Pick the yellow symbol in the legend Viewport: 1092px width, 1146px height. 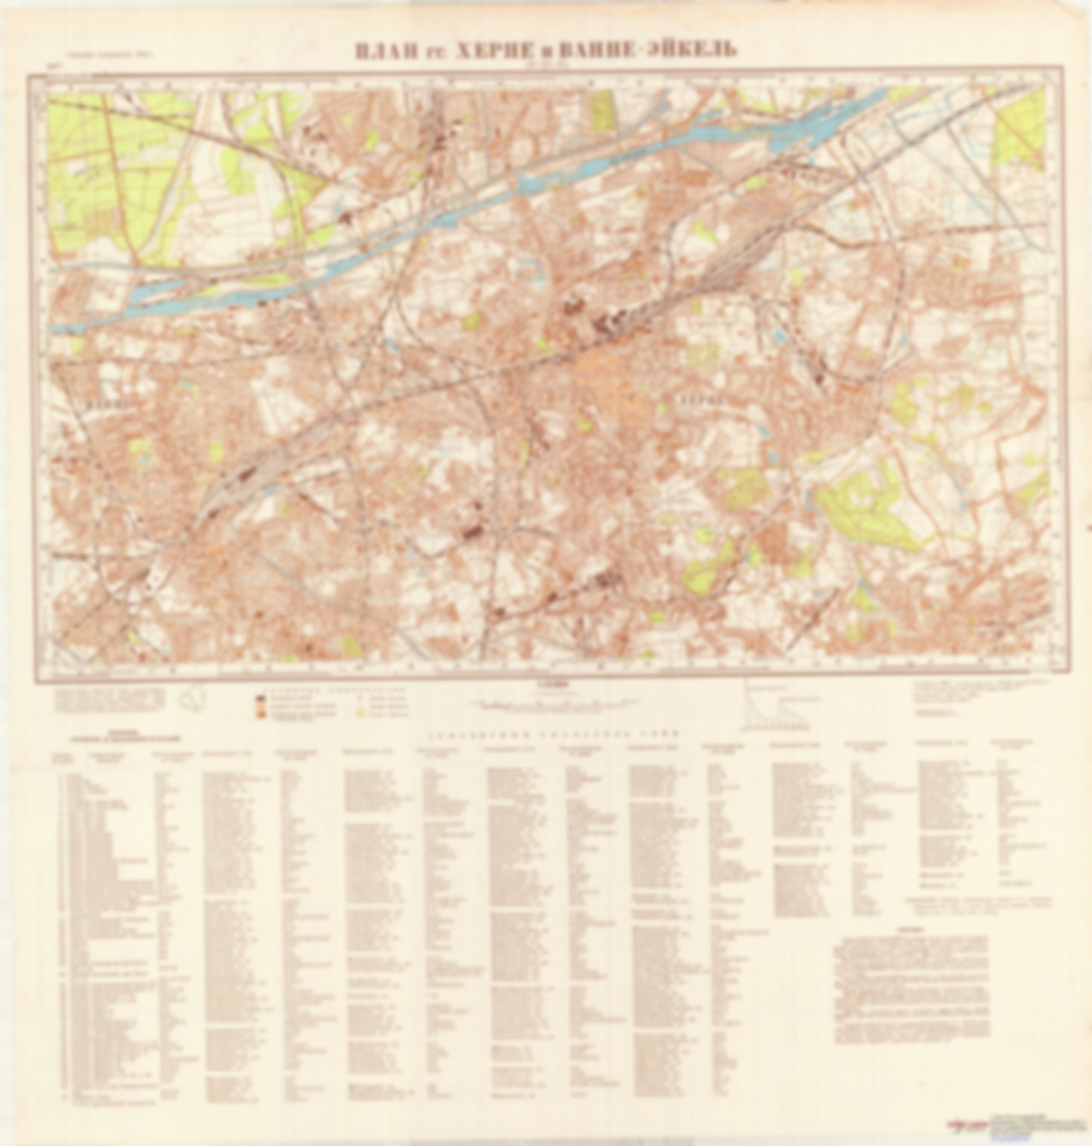click(360, 712)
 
